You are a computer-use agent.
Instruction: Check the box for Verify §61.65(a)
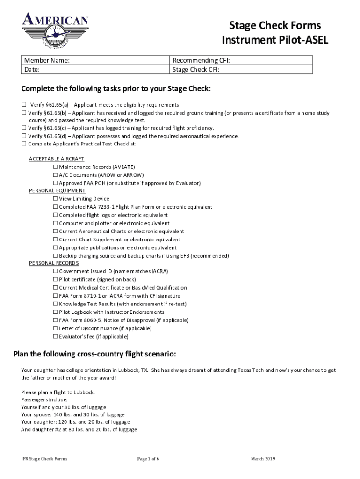click(x=24, y=105)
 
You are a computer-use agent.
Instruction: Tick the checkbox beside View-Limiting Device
click(x=55, y=199)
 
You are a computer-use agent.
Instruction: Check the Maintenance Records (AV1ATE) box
click(x=55, y=167)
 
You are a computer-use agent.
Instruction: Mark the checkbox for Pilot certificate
click(x=55, y=279)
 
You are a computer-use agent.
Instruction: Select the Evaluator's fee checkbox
click(x=55, y=336)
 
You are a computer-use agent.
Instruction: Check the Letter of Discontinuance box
click(x=55, y=328)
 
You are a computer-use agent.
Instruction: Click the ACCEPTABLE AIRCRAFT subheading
click(x=57, y=159)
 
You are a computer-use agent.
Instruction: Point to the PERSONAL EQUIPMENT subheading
click(x=57, y=191)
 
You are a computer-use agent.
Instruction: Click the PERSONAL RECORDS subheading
click(x=54, y=263)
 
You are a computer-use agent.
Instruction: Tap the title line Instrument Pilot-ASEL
click(x=275, y=41)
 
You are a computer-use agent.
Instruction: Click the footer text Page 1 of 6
click(x=148, y=459)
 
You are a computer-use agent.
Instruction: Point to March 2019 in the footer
click(x=263, y=459)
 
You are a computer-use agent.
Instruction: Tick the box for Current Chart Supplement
click(x=55, y=239)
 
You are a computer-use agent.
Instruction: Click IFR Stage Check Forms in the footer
click(x=41, y=459)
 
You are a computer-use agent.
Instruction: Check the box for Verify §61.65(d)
click(x=24, y=136)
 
